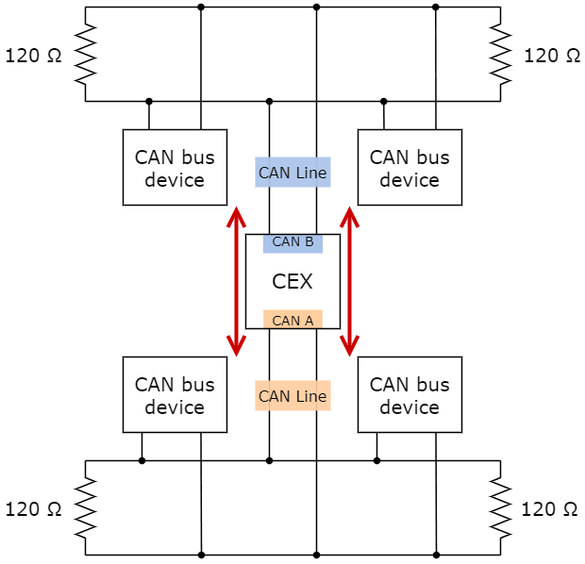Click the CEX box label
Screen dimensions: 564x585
pyautogui.click(x=292, y=281)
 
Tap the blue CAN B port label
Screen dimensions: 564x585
pyautogui.click(x=292, y=242)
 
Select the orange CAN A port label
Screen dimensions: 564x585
pyautogui.click(x=292, y=320)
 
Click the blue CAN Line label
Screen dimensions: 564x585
pyautogui.click(x=292, y=173)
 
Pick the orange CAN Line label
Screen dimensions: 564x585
pyautogui.click(x=292, y=396)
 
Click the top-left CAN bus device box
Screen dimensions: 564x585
pyautogui.click(x=175, y=168)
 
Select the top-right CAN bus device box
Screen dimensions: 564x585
pyautogui.click(x=409, y=168)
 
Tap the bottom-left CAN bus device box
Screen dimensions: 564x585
pyautogui.click(x=175, y=395)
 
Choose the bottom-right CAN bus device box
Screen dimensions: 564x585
pyautogui.click(x=409, y=395)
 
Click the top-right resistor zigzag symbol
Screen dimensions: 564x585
pyautogui.click(x=500, y=55)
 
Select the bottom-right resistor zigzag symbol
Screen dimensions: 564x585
pyautogui.click(x=500, y=507)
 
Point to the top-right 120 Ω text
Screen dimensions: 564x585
pyautogui.click(x=552, y=56)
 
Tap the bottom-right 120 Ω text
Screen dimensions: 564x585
pyautogui.click(x=550, y=509)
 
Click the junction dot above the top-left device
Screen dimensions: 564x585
pyautogui.click(x=149, y=100)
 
